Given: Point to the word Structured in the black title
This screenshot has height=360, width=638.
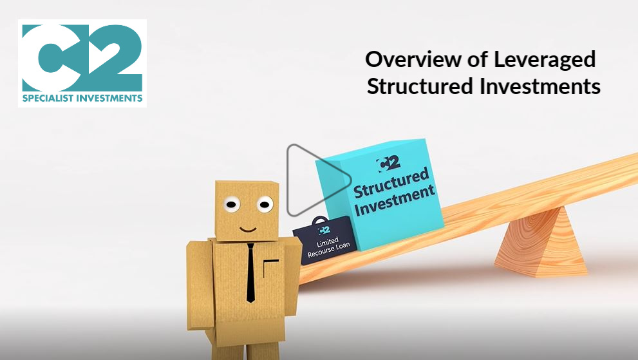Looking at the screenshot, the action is click(420, 86).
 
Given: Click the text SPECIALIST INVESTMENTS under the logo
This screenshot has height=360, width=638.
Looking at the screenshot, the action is click(82, 98).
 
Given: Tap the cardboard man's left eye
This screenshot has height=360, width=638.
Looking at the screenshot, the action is click(231, 204).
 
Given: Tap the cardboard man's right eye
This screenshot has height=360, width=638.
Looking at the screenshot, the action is click(265, 204).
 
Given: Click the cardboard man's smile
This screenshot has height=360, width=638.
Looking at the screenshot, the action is click(248, 229).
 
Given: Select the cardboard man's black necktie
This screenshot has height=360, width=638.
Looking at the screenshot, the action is click(250, 273).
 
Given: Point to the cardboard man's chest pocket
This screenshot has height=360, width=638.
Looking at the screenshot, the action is click(270, 267).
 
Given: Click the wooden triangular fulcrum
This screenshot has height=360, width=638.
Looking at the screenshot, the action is click(542, 243).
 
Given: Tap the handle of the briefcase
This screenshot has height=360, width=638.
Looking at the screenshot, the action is click(320, 220).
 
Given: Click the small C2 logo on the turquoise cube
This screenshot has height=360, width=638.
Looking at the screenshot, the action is click(389, 164).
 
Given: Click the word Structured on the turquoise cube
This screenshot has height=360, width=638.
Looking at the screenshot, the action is click(391, 183).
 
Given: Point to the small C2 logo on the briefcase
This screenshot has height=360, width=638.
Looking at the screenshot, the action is click(324, 230).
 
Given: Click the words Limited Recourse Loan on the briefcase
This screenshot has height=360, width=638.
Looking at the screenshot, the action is click(328, 247).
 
